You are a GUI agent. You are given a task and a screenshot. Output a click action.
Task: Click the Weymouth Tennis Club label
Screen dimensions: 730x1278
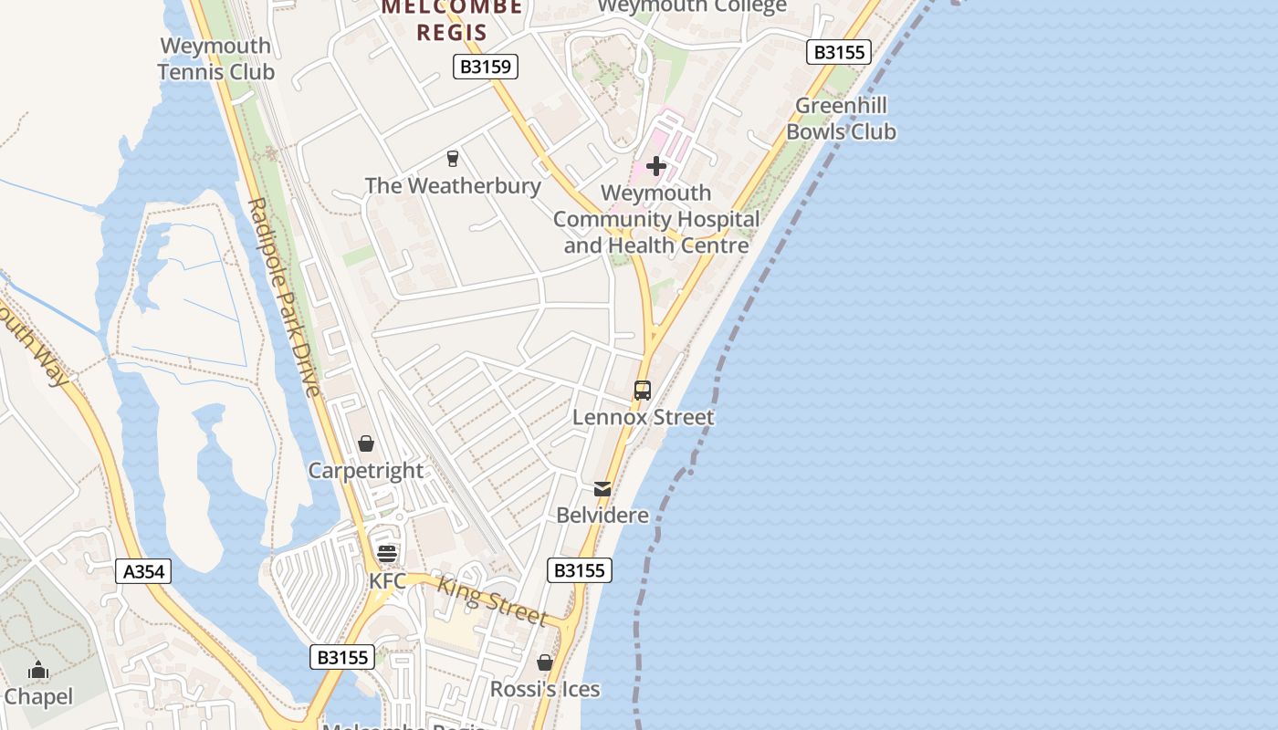point(215,58)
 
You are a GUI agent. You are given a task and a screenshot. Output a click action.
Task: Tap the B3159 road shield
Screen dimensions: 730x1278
point(486,67)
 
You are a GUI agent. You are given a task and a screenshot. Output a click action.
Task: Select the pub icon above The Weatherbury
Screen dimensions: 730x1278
point(452,160)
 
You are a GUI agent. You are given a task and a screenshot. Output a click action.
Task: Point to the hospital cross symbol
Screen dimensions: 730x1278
point(655,166)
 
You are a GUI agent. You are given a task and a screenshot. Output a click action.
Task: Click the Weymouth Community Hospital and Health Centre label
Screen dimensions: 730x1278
point(655,219)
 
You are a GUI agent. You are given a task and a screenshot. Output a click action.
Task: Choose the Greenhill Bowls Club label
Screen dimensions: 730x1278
point(841,119)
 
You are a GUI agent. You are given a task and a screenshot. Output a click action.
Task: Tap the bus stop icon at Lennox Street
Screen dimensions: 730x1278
point(643,391)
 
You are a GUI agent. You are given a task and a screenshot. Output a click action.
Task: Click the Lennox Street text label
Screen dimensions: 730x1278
point(643,417)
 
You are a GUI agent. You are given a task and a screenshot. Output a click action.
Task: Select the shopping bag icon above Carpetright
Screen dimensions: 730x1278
point(366,444)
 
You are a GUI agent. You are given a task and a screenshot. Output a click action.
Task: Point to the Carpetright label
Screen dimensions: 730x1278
point(366,471)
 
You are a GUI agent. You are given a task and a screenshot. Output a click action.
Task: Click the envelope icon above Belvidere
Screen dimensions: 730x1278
point(602,489)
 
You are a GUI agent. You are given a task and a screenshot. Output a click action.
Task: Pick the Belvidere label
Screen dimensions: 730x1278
point(602,516)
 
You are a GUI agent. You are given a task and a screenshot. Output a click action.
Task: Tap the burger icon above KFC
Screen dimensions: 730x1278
point(387,554)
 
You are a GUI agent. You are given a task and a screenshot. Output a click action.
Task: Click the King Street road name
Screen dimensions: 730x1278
point(492,601)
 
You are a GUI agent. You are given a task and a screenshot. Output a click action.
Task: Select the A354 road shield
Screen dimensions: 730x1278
point(144,572)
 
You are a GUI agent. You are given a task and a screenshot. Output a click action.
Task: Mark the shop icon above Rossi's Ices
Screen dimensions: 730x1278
point(545,662)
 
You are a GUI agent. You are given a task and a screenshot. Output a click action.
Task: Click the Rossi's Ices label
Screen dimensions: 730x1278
point(545,689)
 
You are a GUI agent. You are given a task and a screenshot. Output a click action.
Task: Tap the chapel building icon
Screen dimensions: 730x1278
point(37,671)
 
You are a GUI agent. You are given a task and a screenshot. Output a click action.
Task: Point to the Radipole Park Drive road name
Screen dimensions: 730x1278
point(285,297)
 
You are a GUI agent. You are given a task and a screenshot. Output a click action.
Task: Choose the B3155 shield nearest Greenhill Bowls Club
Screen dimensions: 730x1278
point(838,52)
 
